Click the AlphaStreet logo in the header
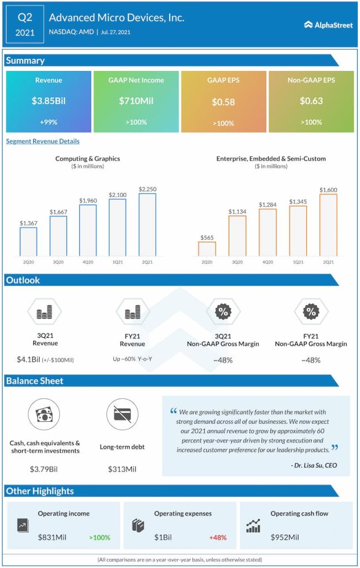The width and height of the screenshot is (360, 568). coord(328,25)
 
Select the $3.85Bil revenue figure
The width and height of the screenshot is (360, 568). coord(48,101)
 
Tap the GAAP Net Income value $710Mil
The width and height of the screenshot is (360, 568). coord(136,101)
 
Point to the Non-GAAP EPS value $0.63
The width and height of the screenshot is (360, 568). coord(311,101)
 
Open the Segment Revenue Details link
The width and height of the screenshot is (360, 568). coord(43,141)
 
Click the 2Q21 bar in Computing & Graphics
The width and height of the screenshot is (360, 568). coord(147,225)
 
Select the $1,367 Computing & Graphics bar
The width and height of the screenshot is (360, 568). coord(28,241)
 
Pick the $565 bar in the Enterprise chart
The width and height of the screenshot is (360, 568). coord(207,248)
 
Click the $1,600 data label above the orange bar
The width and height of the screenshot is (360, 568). coord(328,190)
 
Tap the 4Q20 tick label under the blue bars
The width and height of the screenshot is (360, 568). coord(88,262)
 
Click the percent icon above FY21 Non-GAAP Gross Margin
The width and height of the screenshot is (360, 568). coord(311,312)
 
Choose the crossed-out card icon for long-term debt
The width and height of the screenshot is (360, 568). coord(122,414)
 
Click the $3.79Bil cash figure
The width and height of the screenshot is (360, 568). coord(44,469)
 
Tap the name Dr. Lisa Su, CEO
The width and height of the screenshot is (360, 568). coord(313,465)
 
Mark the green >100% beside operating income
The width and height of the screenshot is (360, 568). coord(99,537)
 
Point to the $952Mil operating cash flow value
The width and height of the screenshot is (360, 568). coord(285,537)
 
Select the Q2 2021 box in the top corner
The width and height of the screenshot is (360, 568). coord(24,25)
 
